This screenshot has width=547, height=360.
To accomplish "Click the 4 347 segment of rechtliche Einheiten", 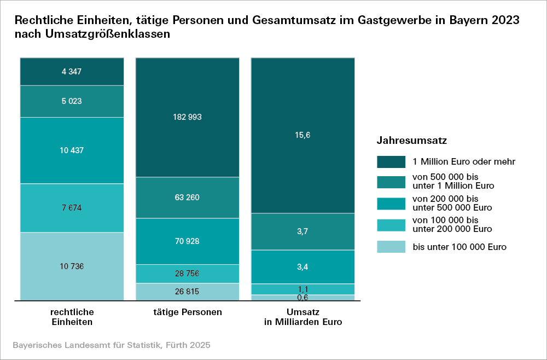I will click(72, 71).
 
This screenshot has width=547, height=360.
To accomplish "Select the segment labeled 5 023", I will click(72, 101).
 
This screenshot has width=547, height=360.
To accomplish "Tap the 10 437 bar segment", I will click(72, 150).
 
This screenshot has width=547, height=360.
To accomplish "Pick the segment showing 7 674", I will click(72, 208).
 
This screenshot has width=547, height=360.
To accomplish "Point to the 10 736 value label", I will click(72, 266).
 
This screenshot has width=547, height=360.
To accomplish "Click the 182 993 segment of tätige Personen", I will click(187, 117).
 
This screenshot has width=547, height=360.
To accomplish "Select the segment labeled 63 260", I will click(187, 198).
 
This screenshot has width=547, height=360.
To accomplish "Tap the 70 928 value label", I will click(187, 241).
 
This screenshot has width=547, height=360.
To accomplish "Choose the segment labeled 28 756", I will click(187, 273).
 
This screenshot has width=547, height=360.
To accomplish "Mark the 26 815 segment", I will click(187, 292).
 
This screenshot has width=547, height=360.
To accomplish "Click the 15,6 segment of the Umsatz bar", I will click(302, 135).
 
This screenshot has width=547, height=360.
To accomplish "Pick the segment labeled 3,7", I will click(302, 231).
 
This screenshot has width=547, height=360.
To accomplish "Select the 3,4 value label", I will click(302, 267).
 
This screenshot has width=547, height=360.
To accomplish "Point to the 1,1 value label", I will click(302, 289).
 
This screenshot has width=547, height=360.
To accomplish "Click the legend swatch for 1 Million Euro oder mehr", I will click(391, 161).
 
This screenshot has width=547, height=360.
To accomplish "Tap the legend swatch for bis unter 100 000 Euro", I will click(391, 247).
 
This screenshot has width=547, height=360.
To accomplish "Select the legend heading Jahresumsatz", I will click(412, 141).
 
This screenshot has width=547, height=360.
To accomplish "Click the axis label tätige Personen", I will click(187, 312).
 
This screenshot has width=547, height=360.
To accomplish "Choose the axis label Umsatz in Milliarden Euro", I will click(302, 317).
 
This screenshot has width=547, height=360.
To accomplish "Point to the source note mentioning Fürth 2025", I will click(111, 346).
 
